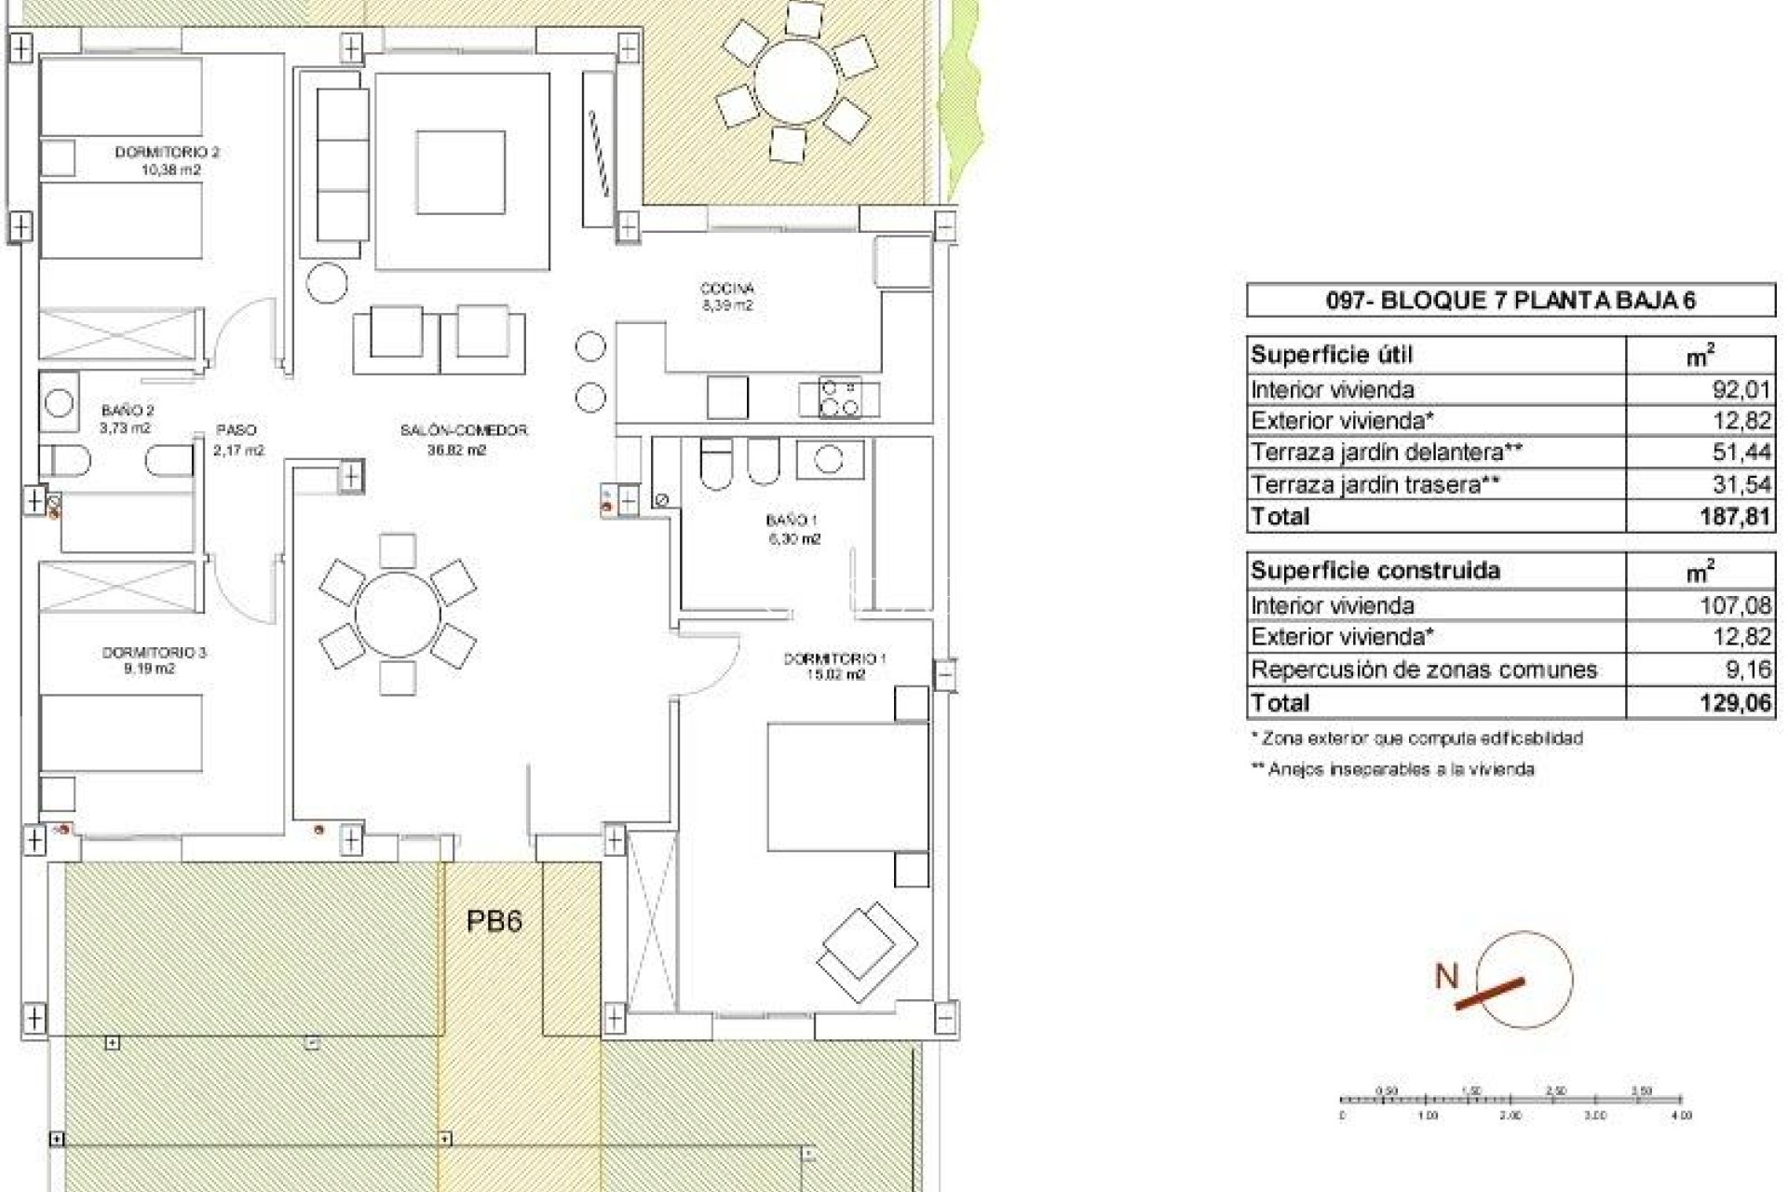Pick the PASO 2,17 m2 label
(237, 440)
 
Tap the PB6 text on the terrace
(494, 921)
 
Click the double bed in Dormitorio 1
(847, 787)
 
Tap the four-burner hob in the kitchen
(840, 398)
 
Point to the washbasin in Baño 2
(60, 403)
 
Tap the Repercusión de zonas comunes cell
(1424, 670)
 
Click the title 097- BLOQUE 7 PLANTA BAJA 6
(1510, 300)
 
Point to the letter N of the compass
(1446, 976)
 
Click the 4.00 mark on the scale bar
(1681, 1115)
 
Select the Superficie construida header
(1375, 570)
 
